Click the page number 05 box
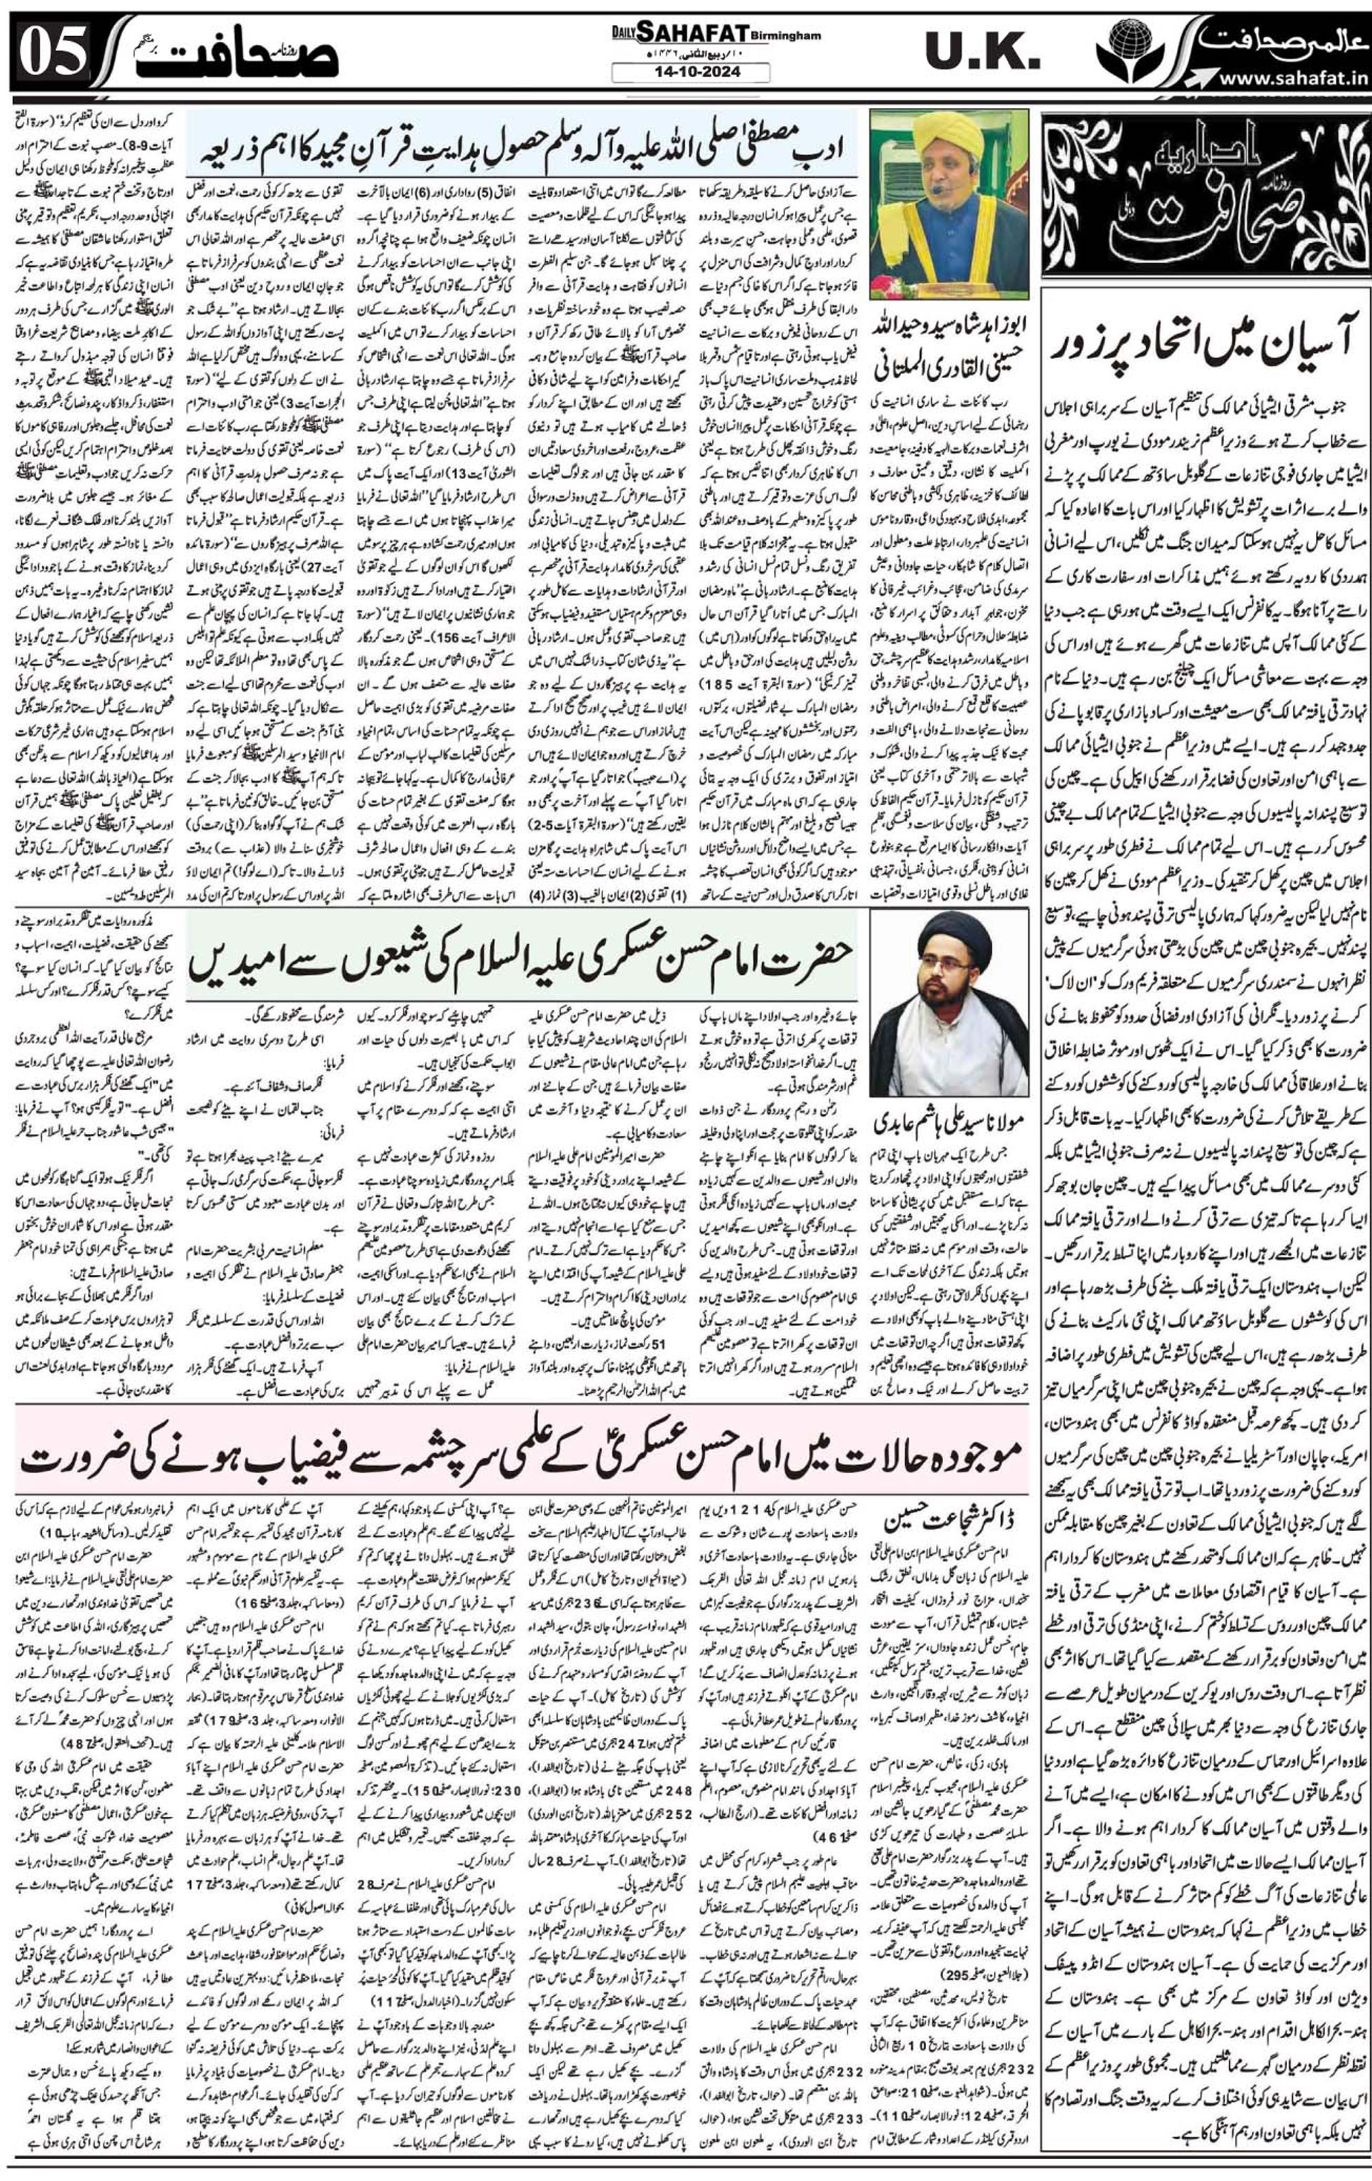pyautogui.click(x=52, y=52)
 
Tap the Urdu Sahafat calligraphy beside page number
pyautogui.click(x=236, y=54)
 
